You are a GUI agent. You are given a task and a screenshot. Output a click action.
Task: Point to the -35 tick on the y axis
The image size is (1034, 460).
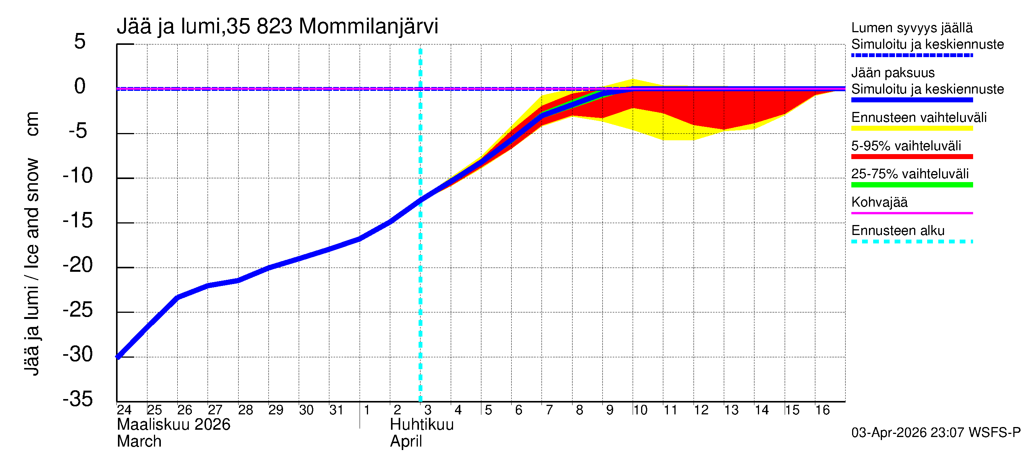pos(78,399)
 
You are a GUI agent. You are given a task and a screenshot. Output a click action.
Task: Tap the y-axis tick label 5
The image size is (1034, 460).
pos(80,41)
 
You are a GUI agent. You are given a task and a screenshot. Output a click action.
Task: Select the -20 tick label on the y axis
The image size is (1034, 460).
pos(78,265)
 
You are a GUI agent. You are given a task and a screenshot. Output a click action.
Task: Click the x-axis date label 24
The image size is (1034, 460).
pos(124,410)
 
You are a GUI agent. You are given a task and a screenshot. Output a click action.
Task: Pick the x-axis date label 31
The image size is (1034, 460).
pos(336,410)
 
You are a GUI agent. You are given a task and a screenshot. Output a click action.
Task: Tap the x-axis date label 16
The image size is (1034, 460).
pos(822,410)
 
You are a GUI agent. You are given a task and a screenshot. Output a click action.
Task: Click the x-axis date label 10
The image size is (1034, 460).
pos(640,410)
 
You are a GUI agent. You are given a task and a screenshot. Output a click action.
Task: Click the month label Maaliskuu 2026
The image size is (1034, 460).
pos(173,425)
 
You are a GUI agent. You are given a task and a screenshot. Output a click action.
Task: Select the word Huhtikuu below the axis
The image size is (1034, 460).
pos(422,425)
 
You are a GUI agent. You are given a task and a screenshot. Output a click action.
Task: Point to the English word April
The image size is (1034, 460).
pos(406,442)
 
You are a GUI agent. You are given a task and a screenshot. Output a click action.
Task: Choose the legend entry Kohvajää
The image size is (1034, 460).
pos(879,202)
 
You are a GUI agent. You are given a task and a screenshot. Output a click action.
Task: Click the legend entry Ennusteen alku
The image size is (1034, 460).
pos(898,231)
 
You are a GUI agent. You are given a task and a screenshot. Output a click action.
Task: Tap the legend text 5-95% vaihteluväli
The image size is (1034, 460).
pos(906,145)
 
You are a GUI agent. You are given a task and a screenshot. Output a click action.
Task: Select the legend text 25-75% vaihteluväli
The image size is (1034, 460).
pos(910,174)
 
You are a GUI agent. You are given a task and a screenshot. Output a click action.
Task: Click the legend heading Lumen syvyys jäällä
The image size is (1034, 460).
pos(911,28)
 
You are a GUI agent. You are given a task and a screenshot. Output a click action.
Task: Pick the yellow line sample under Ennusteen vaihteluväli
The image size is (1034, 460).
pos(911,128)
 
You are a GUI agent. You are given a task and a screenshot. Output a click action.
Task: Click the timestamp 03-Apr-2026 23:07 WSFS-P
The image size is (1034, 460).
pos(936,433)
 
